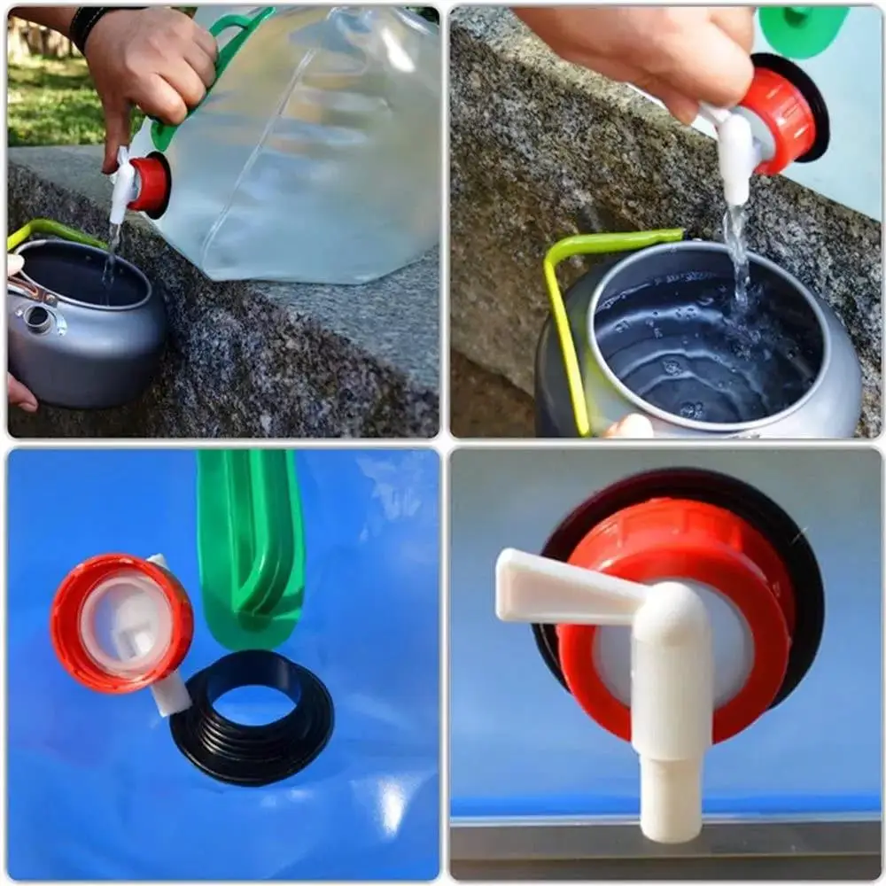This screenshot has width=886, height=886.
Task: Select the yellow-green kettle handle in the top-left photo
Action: point(53,232)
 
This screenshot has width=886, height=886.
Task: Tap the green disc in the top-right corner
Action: point(802,27)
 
